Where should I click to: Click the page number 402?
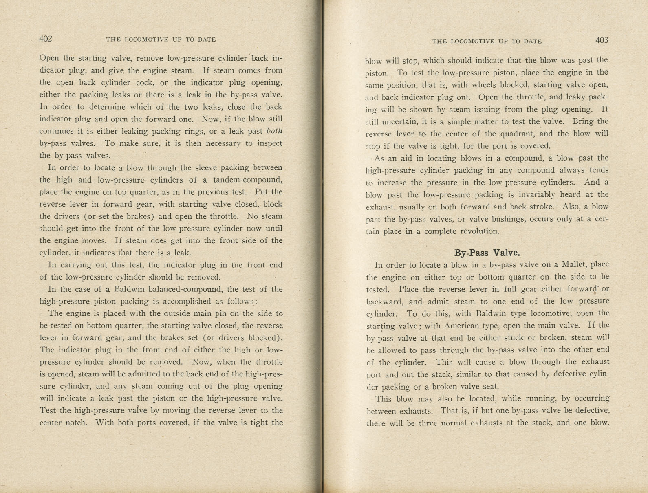pyautogui.click(x=46, y=39)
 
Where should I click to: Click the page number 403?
pyautogui.click(x=602, y=40)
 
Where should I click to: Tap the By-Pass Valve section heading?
pyautogui.click(x=487, y=253)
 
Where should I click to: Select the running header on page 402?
pyautogui.click(x=161, y=40)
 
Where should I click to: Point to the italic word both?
pyautogui.click(x=274, y=131)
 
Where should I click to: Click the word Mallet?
pyautogui.click(x=574, y=264)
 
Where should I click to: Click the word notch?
pyautogui.click(x=76, y=423)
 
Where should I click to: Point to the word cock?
pyautogui.click(x=147, y=82)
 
